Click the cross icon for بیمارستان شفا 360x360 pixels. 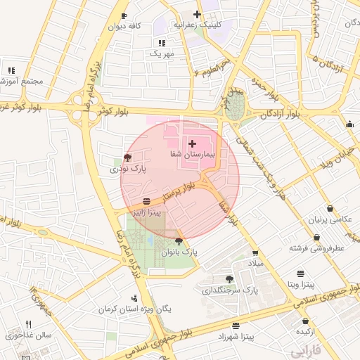pos(192,143)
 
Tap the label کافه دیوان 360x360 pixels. pos(124,26)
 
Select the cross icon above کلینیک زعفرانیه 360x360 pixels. pos(198,14)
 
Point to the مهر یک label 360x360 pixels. pos(161,53)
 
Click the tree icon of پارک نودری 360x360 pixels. pos(127,158)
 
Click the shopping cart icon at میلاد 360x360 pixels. pos(255,253)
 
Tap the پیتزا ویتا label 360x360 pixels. pos(301,285)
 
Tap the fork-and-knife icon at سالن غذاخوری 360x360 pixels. pos(29,324)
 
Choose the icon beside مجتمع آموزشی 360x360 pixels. pos(11,70)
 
